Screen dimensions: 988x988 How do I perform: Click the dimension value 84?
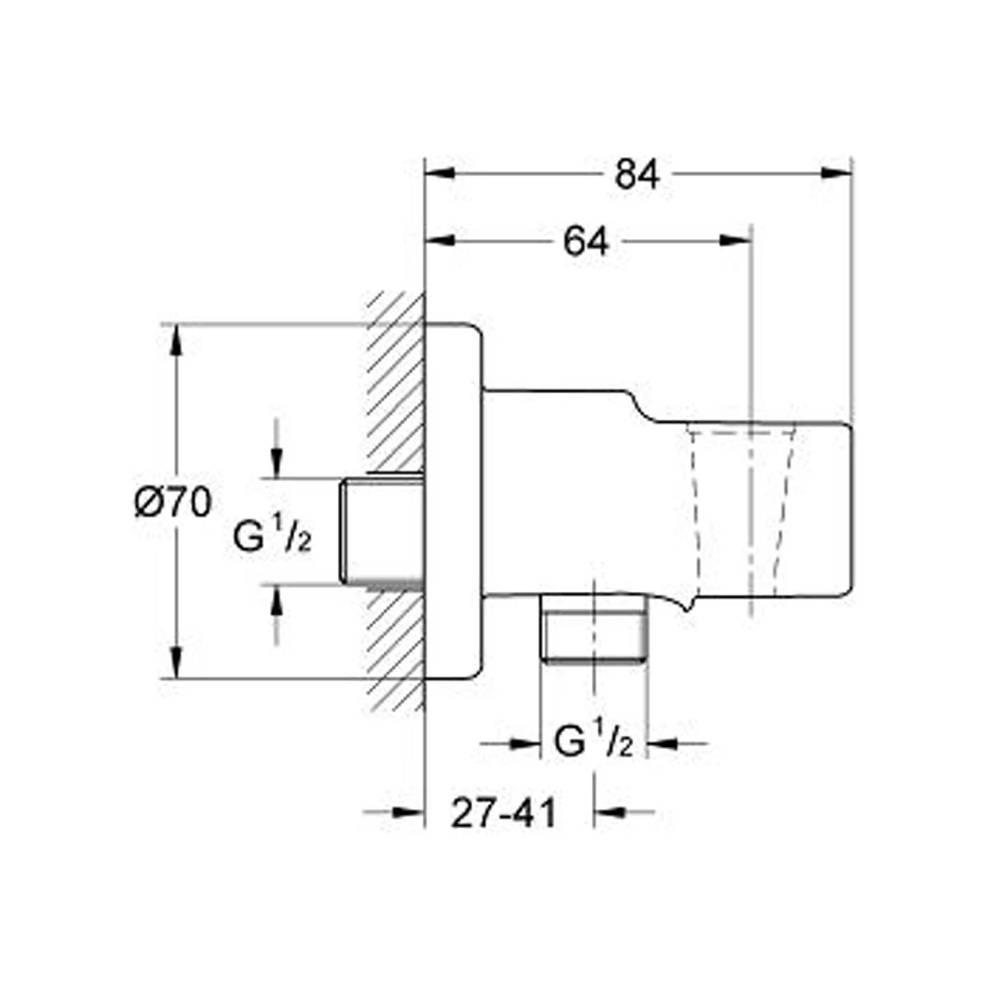[636, 175]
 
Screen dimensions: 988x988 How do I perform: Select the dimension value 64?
[586, 241]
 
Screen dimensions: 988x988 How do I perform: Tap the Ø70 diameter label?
[173, 502]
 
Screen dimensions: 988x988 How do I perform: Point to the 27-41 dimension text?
[504, 813]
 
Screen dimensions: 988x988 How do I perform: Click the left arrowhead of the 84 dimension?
[440, 173]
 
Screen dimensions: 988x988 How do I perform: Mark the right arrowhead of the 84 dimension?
[837, 173]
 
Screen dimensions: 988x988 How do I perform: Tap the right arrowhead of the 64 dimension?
[735, 240]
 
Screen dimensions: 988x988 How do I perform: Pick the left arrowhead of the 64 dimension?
[440, 240]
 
